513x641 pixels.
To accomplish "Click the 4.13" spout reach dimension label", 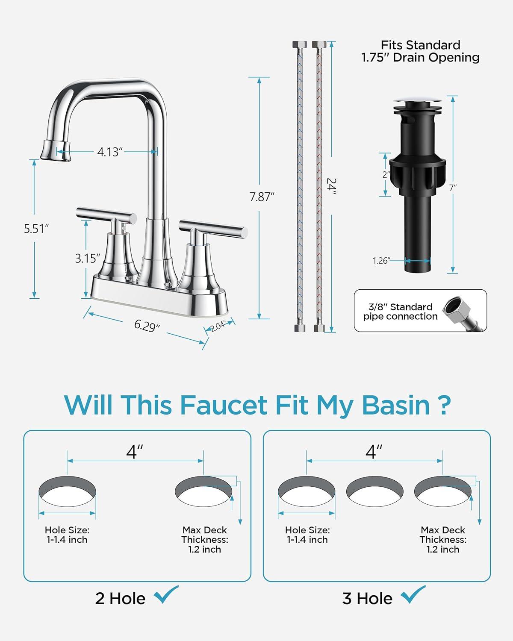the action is pos(110,152).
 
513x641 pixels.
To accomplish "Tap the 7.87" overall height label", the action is pos(262,197).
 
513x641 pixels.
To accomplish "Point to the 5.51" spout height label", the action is pos(36,229).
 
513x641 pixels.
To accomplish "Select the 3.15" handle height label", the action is pos(87,258).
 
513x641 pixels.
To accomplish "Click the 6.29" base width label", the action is pos(147,325).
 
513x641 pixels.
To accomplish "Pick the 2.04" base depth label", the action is pos(218,326).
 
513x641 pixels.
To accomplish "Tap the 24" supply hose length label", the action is pos(331,186).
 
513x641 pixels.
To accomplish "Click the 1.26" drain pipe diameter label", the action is pos(381,261).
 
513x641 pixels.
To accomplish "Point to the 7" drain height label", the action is pos(453,188).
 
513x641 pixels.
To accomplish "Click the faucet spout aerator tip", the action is pos(56,150).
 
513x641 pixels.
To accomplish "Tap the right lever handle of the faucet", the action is pos(213,229).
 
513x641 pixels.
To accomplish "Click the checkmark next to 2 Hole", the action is pos(166,594).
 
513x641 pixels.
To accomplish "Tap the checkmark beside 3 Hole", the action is pos(413,594).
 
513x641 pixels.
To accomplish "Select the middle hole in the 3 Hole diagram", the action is pos(374,491).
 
